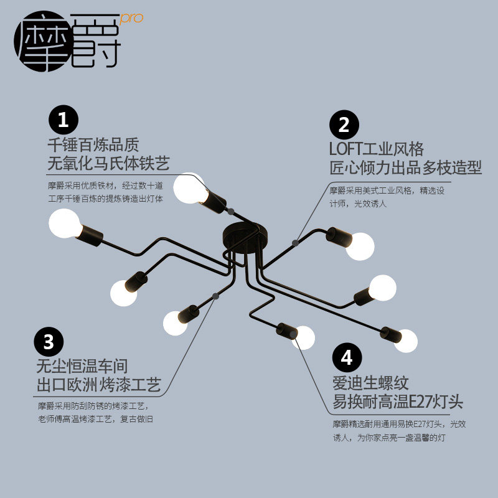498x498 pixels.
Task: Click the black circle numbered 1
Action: tap(63, 119)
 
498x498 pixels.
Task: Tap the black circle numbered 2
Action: tap(344, 125)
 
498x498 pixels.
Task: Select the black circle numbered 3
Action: tap(49, 341)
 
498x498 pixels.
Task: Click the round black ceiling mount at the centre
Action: tap(243, 237)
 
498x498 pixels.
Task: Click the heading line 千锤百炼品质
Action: tap(93, 144)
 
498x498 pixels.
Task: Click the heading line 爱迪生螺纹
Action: tap(370, 382)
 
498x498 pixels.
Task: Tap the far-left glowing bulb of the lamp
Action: tap(64, 223)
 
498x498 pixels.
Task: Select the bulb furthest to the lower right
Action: tap(405, 341)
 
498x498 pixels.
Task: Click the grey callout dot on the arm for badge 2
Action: tap(294, 242)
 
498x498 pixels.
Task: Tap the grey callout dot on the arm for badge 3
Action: tap(215, 296)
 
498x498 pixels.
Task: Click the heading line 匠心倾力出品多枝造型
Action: tap(405, 168)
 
